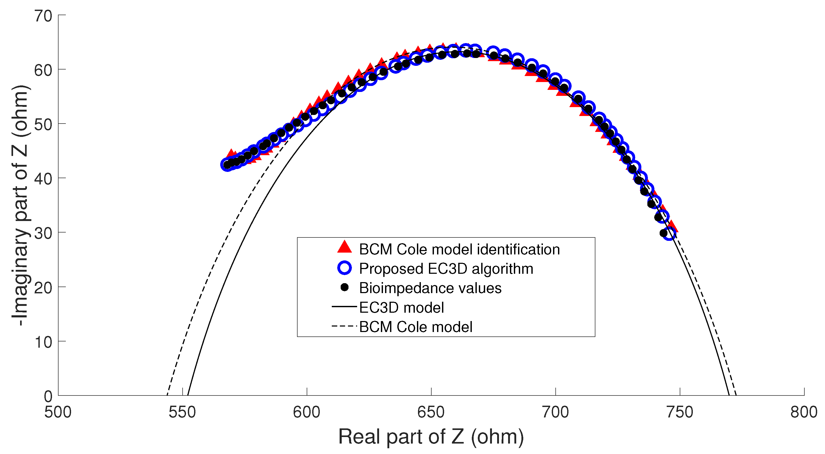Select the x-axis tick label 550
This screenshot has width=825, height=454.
coord(182,412)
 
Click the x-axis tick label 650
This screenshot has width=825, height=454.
coord(431,412)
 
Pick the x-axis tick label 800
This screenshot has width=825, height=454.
coord(804,412)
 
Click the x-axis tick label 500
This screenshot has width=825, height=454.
coord(58,412)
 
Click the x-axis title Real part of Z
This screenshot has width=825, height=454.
coord(431,437)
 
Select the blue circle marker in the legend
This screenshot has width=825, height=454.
coord(345,268)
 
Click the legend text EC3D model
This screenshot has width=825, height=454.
coord(401,308)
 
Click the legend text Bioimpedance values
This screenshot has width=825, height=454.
coord(430,288)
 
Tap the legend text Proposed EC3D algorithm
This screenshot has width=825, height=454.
coord(446,269)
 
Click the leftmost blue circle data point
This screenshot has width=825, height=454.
coord(227,165)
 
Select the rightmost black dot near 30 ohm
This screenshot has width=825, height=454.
coord(663,233)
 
